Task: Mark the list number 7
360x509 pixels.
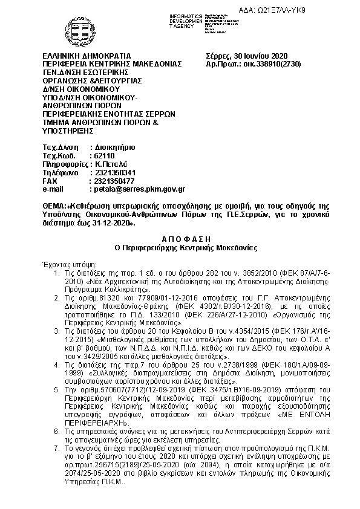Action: point(57,449)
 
